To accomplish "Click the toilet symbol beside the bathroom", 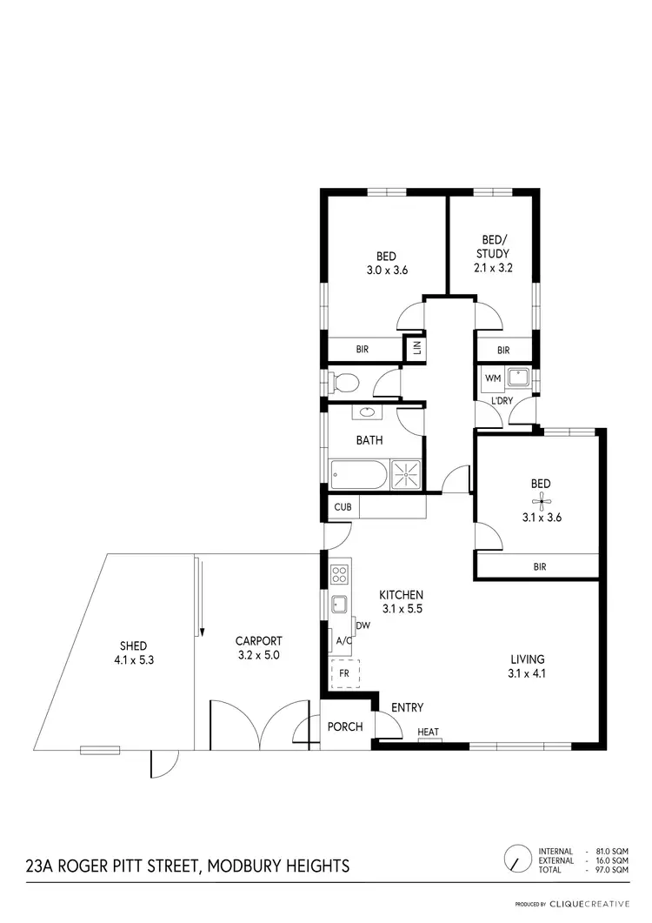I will coord(345,381).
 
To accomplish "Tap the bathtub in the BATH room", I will coord(358,474).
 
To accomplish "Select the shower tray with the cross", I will coord(405,474).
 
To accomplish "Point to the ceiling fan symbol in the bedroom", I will coord(542,499).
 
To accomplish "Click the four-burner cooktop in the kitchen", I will coord(339,574).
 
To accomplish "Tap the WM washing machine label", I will coord(492,378).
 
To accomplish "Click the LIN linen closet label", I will coord(416,348).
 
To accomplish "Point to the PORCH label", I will coord(345,726).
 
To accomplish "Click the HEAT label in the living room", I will coord(428,732).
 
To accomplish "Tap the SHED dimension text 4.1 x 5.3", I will coord(133,659).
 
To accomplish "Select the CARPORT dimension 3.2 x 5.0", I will coord(259,654).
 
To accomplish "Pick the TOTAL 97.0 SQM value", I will coord(610,870).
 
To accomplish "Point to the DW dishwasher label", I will coord(362,625).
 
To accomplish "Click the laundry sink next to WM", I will coord(519,377).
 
